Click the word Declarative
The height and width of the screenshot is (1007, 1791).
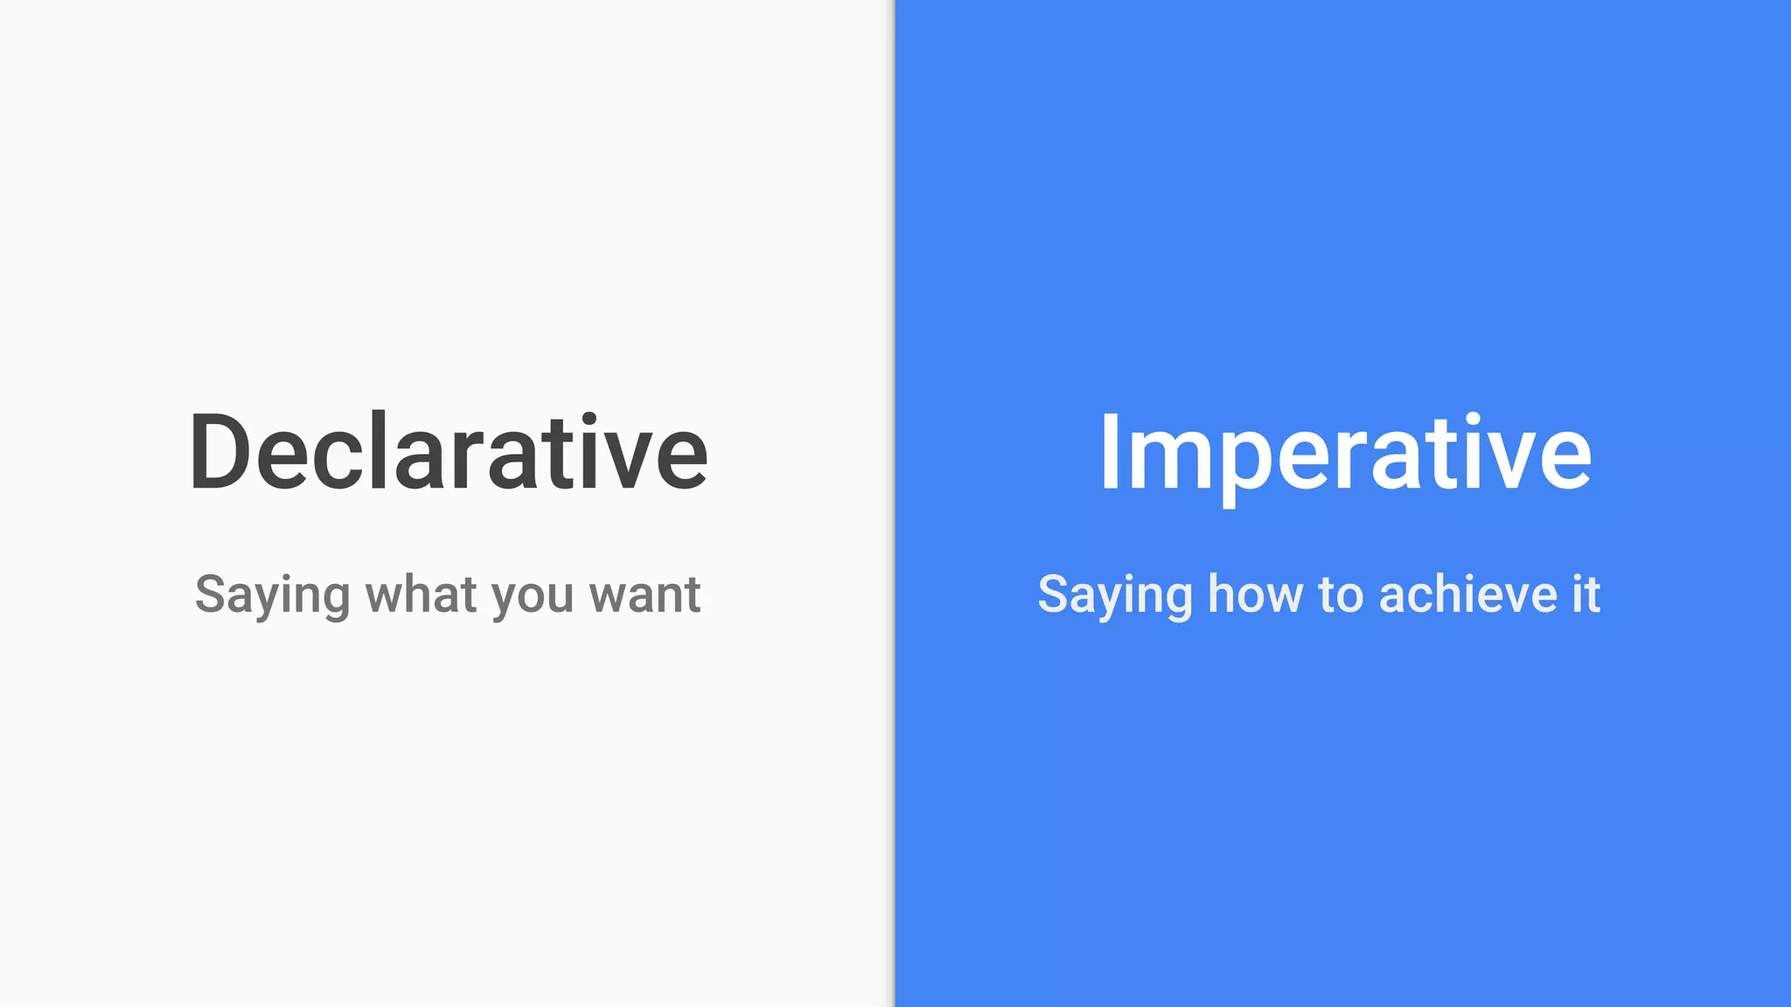click(x=448, y=453)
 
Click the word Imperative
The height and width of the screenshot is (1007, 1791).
click(x=1345, y=453)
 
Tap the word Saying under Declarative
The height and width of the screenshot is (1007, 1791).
click(x=272, y=596)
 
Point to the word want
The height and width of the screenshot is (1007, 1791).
click(x=645, y=595)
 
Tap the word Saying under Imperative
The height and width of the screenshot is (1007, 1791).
click(x=1115, y=596)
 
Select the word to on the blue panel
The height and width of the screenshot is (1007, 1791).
click(x=1341, y=595)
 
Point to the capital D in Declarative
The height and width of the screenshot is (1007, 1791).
click(x=220, y=453)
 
